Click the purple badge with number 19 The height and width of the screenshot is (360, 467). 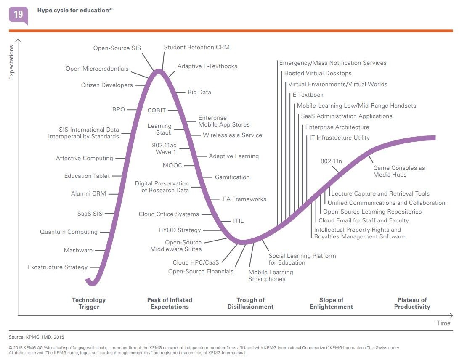coord(19,15)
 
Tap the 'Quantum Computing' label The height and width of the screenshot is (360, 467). coord(69,232)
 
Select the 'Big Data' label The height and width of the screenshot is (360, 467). coord(199,92)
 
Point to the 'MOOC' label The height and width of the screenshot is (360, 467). coord(172,165)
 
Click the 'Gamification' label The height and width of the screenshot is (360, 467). coord(232,177)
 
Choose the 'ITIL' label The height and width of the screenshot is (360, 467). coord(239,221)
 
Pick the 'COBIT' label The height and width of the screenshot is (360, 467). coord(157,110)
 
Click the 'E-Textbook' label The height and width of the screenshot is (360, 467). coord(308,95)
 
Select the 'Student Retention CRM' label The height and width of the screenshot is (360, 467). coord(196,47)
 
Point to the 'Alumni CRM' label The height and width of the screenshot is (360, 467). coord(88,194)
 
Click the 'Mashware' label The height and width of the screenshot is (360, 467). coord(78,250)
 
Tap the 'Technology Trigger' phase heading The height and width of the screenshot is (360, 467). coord(89,303)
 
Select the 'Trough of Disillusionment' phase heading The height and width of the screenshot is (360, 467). coord(250,303)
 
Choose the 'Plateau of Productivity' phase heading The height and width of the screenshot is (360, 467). coord(412,303)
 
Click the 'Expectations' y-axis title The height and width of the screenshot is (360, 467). coord(11,62)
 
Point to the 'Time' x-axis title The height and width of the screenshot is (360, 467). coord(443,323)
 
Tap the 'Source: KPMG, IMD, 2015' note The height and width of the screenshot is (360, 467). coord(37,337)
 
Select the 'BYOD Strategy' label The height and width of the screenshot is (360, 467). coord(180,230)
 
